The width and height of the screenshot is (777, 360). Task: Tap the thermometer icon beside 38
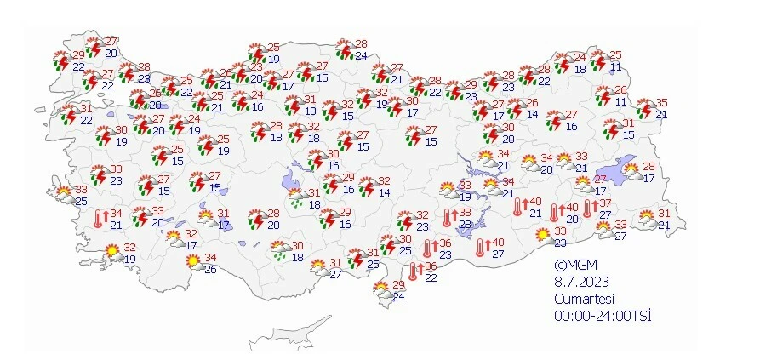(447, 218)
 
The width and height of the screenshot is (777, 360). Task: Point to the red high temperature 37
(605, 203)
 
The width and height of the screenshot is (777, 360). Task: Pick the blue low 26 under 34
(210, 270)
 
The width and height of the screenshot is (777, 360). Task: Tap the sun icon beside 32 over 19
(111, 251)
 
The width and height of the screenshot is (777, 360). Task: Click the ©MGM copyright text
(573, 265)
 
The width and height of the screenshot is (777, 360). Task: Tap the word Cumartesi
(584, 299)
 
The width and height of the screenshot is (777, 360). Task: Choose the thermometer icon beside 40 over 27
(483, 248)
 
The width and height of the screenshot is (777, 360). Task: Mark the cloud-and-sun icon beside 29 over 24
(382, 292)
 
